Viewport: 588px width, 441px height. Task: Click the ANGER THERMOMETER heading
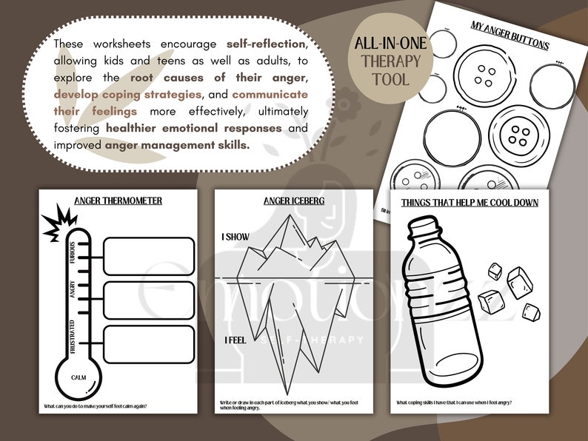tap(118, 201)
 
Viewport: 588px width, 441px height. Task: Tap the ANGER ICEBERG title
tap(293, 201)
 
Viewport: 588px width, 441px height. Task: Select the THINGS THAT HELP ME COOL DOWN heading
tap(470, 202)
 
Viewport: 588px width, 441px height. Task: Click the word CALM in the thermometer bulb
tap(80, 378)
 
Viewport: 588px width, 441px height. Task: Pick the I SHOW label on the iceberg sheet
tap(235, 238)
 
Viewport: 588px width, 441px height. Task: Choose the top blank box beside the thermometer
tap(149, 255)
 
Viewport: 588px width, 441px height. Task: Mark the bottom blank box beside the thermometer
tap(149, 344)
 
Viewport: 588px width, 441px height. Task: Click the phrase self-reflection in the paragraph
tap(268, 44)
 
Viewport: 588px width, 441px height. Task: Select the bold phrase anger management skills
tap(177, 144)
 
